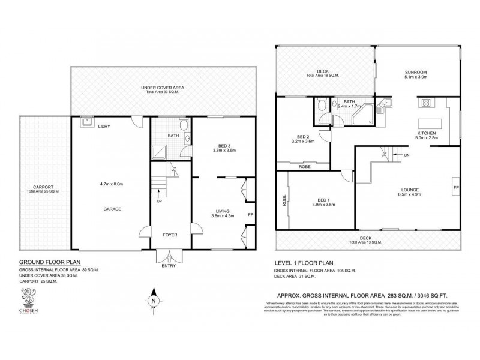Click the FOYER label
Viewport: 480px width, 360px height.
tap(168, 235)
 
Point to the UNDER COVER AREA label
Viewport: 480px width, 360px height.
tap(158, 88)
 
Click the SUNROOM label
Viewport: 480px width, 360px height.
tap(415, 71)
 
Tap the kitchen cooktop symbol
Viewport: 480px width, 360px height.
tap(427, 103)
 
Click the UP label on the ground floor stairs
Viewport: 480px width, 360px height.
tap(159, 202)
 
